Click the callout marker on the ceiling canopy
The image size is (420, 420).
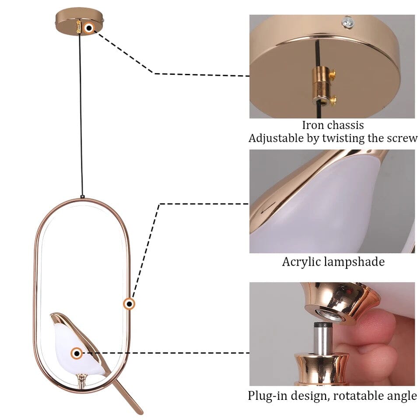89,28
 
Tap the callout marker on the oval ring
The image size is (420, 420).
129,304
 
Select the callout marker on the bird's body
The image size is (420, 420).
77,353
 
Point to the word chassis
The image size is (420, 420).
345,125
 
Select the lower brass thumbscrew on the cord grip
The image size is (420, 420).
332,100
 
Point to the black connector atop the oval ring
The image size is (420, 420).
82,197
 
